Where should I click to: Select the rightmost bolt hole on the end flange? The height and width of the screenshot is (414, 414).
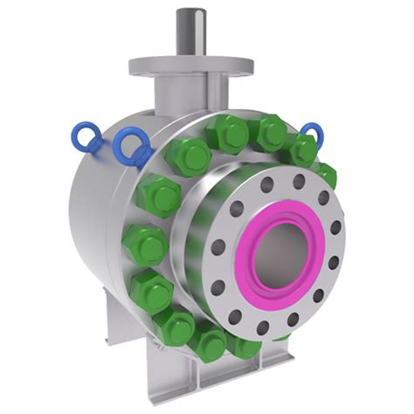click(336, 228)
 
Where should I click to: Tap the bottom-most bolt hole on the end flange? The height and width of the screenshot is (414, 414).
click(262, 328)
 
